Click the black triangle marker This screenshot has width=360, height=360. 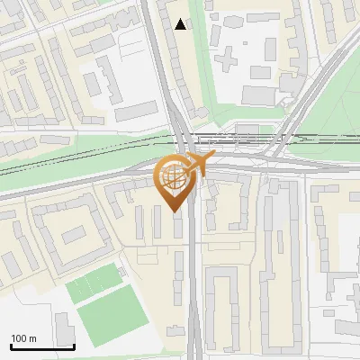[182, 24]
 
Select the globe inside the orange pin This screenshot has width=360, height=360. [173, 179]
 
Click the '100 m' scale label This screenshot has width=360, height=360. [24, 338]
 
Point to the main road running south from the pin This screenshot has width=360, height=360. [194, 288]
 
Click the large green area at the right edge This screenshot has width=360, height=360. [342, 117]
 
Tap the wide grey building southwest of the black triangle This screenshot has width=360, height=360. [135, 111]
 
